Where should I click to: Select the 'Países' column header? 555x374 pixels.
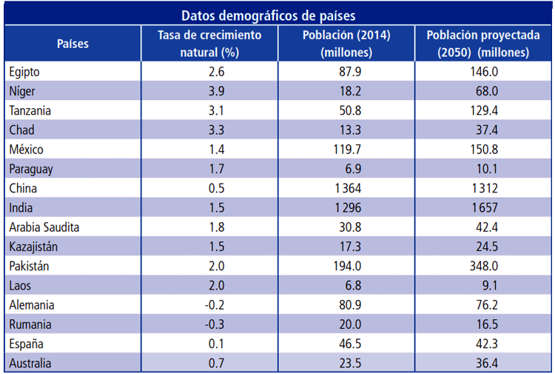73,44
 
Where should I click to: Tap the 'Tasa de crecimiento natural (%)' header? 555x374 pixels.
209,44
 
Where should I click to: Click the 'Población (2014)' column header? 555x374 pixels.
346,44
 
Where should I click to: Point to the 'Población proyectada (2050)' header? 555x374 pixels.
483,44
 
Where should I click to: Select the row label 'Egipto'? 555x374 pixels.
25,72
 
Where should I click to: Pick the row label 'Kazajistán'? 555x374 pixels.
36,246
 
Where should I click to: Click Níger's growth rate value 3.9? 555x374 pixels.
209,91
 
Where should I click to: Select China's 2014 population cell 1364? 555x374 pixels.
346,188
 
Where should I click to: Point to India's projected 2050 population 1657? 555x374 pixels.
483,207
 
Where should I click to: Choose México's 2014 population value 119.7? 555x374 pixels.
346,150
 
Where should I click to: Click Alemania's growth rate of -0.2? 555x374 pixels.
209,304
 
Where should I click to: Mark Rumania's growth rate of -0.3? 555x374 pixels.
209,324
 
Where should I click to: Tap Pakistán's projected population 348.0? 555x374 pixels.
483,265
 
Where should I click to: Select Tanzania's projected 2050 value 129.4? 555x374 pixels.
483,110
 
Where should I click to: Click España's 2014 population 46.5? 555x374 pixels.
346,344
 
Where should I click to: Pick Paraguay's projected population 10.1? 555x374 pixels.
483,169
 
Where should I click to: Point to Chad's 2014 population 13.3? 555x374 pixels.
346,130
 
